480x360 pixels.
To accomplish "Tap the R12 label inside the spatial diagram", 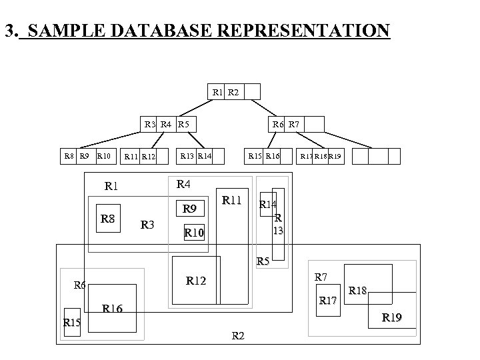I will (x=197, y=281).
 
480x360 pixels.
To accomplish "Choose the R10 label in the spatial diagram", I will (x=197, y=233).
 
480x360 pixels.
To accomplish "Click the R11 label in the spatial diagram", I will (x=232, y=199).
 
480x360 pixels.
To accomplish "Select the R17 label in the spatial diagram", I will (x=328, y=300).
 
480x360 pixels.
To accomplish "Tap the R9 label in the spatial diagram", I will (x=190, y=209).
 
